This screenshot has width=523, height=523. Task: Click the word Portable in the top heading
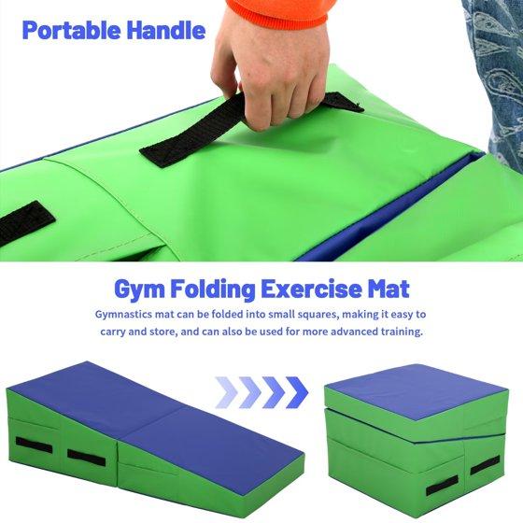pos(72,30)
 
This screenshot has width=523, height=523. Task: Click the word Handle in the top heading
pos(166,30)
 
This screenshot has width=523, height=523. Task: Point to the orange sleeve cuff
pos(281,11)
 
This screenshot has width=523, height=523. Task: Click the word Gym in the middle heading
pos(139,290)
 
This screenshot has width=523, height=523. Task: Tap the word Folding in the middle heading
pos(213,290)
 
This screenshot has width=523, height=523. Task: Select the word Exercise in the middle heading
pos(311,289)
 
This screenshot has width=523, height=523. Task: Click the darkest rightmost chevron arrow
pos(297,392)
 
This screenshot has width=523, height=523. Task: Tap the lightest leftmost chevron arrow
pos(226,392)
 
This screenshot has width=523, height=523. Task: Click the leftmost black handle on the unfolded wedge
pos(34,445)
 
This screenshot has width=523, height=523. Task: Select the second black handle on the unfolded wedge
pos(86,458)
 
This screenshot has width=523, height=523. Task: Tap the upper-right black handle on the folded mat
pos(485,465)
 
